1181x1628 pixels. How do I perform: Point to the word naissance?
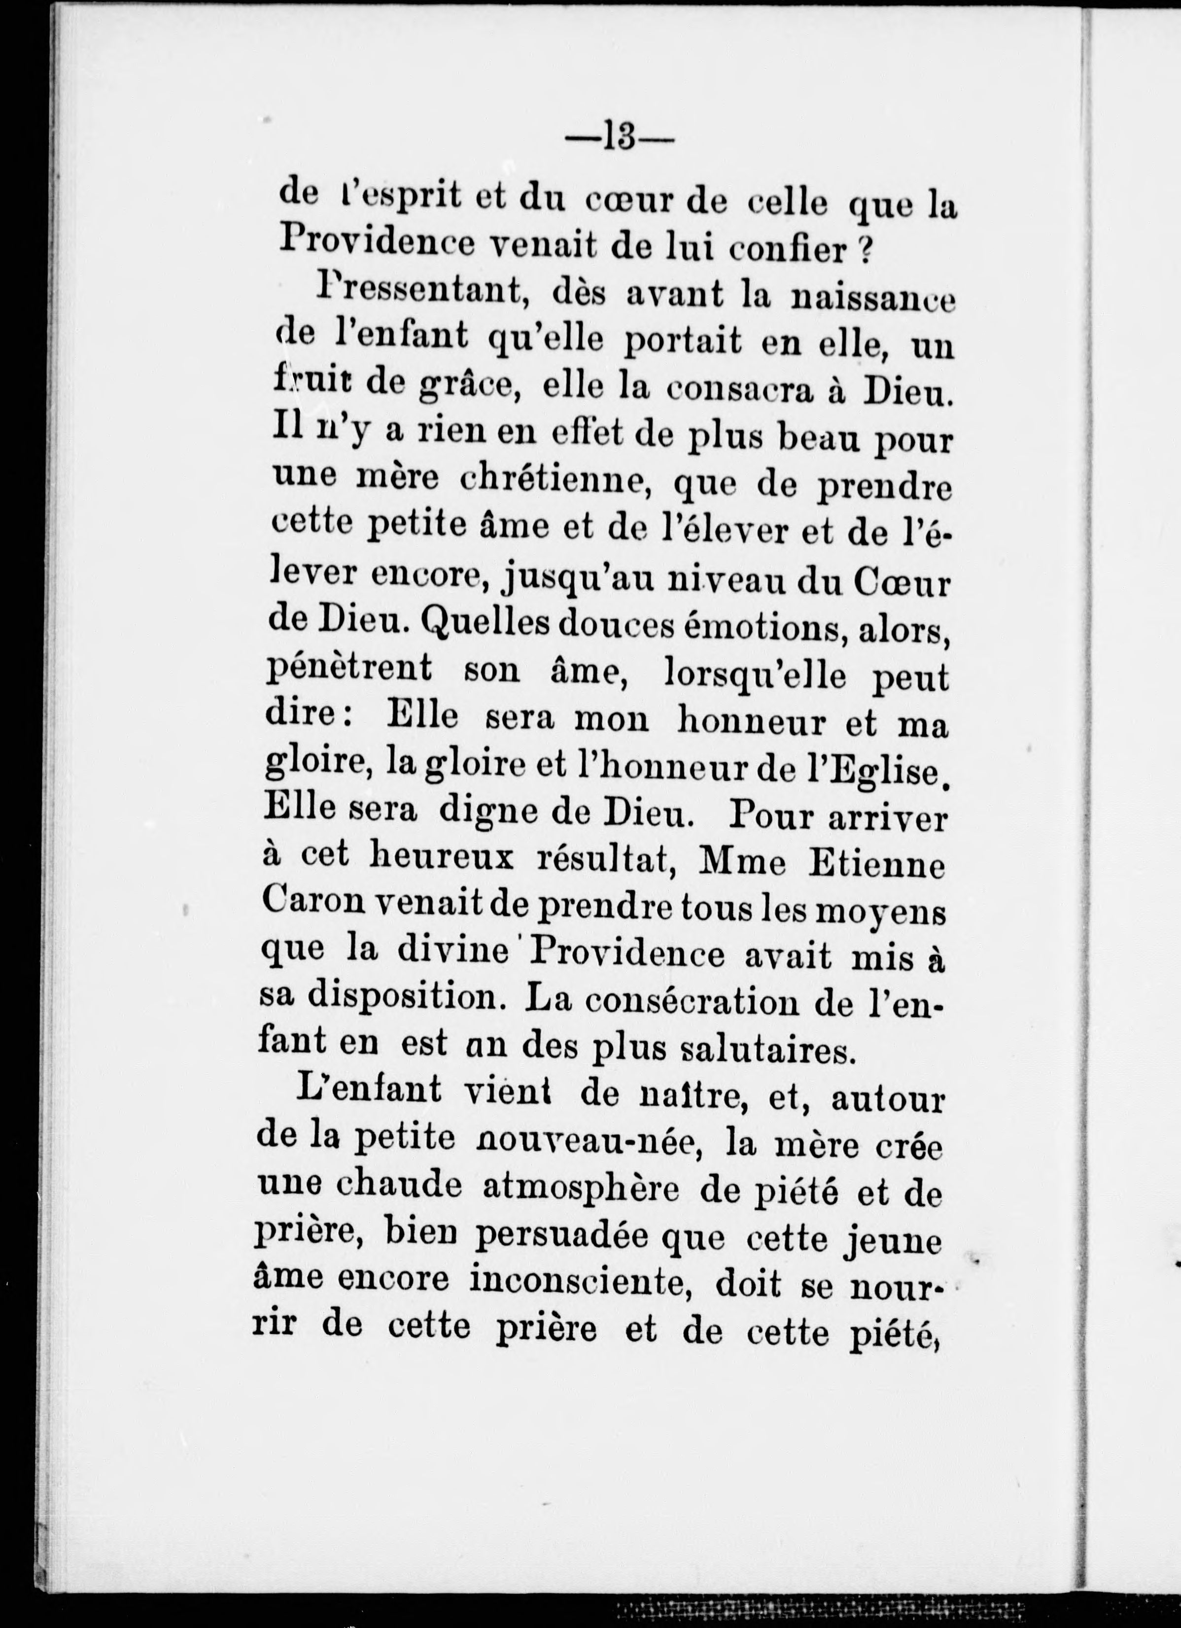[872, 299]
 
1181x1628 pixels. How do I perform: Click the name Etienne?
[876, 866]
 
